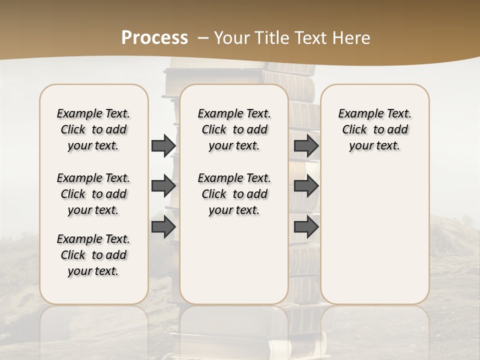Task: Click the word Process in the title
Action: (154, 38)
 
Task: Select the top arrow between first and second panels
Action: (163, 146)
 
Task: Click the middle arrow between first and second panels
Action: (163, 186)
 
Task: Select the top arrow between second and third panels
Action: (306, 146)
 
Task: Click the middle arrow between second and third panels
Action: (306, 186)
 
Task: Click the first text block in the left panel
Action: (93, 129)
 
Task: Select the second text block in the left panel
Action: (93, 194)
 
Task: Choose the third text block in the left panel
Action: (93, 255)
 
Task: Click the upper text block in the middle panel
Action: (234, 129)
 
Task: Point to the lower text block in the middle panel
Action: (234, 194)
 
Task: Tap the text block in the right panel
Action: (374, 129)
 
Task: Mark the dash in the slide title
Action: (203, 38)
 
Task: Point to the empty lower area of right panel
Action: (374, 230)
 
